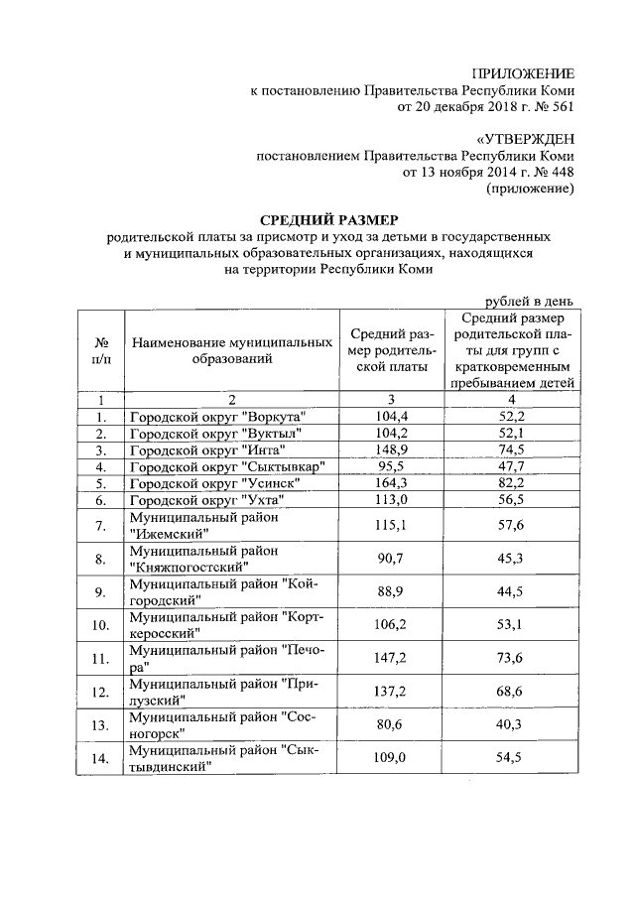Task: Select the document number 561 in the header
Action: click(560, 105)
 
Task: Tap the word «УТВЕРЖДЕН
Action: click(524, 138)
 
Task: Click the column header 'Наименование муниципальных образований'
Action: click(232, 349)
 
